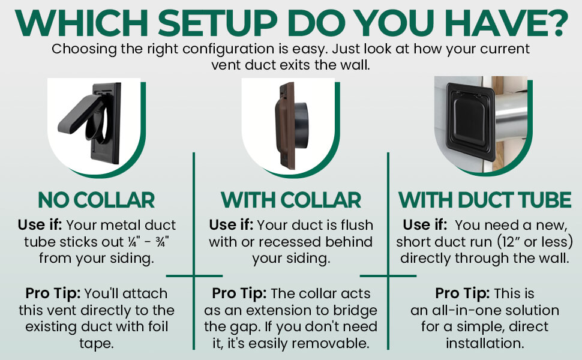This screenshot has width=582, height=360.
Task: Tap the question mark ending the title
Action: click(x=556, y=23)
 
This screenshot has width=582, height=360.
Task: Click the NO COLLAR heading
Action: click(x=96, y=200)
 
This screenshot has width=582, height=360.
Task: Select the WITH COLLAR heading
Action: click(x=290, y=200)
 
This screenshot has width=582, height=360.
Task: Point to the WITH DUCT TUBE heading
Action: click(x=485, y=200)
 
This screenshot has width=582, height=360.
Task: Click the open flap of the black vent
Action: click(x=79, y=113)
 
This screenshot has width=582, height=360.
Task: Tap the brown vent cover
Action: click(x=285, y=126)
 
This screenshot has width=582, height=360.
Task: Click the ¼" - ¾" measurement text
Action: click(x=148, y=242)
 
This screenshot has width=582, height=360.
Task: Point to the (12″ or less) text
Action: click(x=535, y=242)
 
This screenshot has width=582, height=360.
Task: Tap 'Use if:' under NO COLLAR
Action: click(x=40, y=225)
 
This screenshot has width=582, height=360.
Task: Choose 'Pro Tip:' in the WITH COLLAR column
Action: click(x=239, y=293)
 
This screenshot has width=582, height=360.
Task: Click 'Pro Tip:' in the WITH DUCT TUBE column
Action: click(x=463, y=293)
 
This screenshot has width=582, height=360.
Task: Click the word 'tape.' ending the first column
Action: click(x=97, y=344)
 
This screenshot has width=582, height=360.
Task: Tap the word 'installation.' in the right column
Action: click(x=485, y=343)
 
